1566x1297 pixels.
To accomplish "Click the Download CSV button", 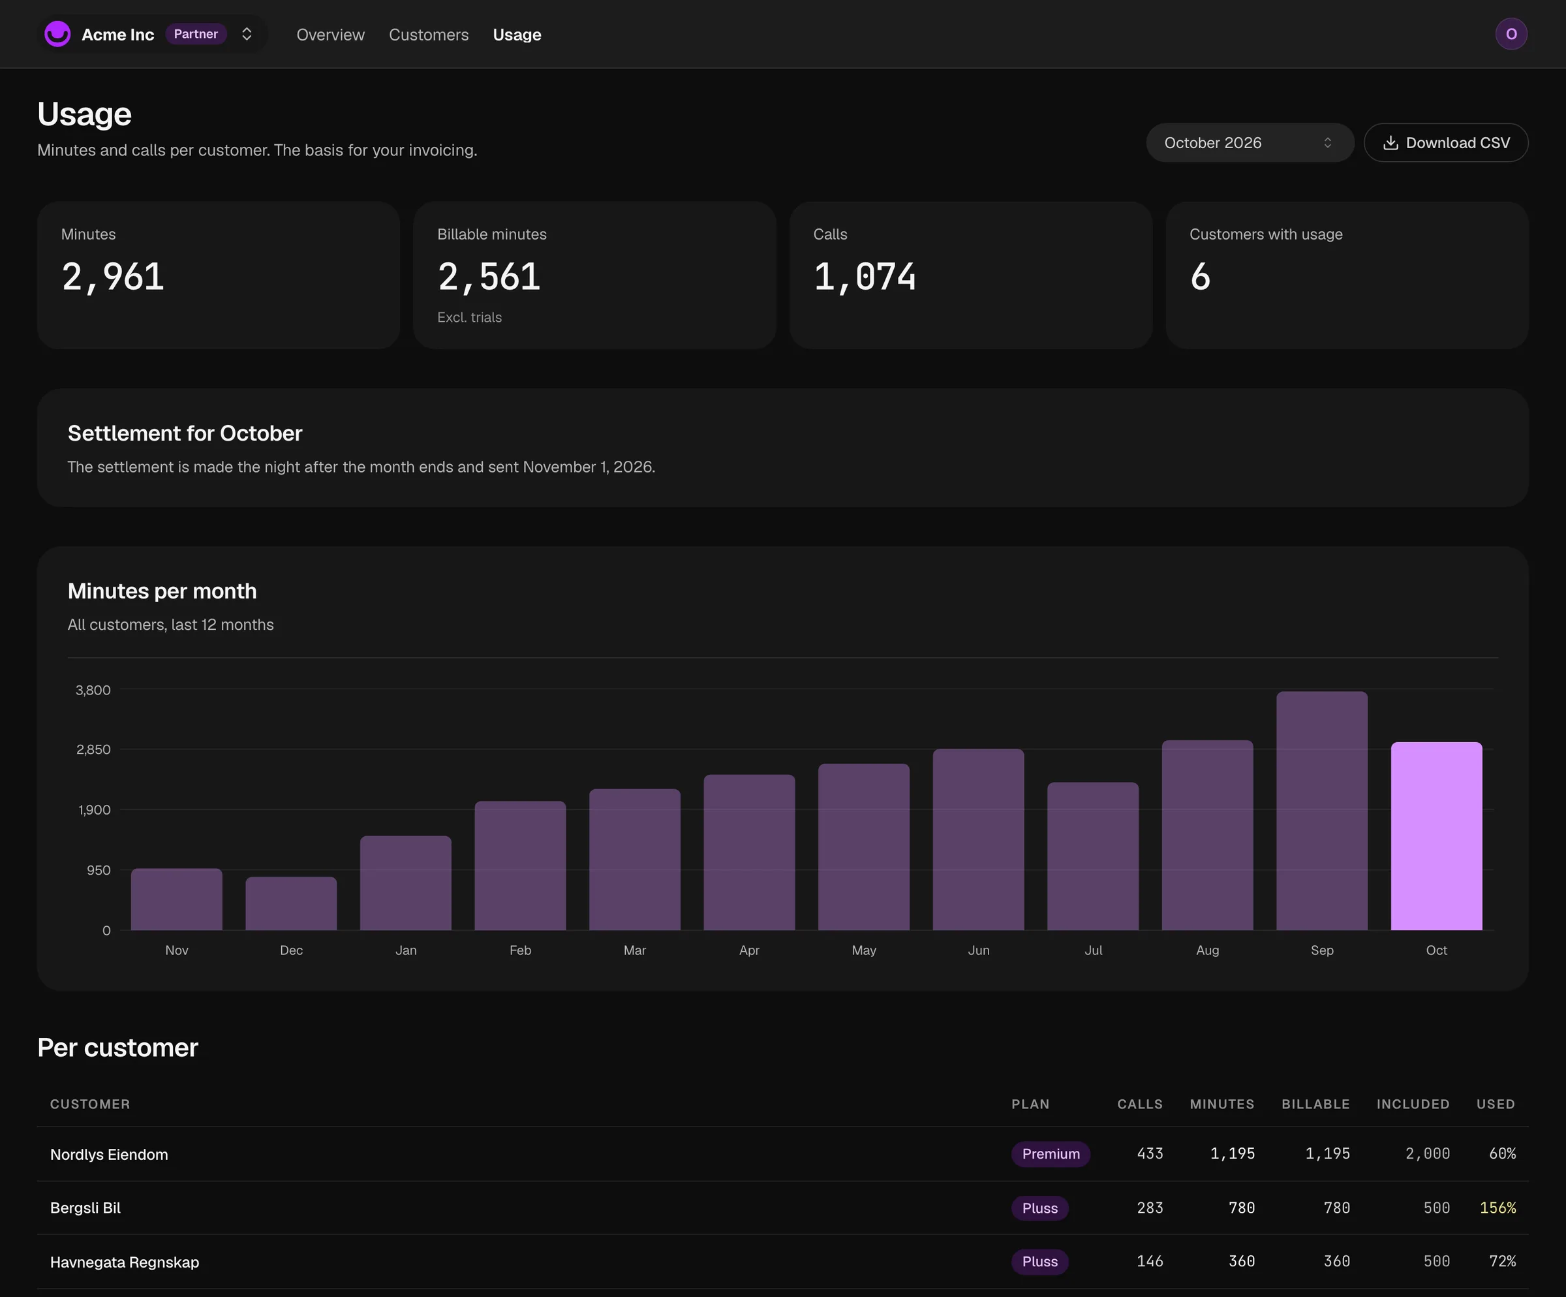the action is [1445, 142].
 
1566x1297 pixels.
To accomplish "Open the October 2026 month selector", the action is [1249, 142].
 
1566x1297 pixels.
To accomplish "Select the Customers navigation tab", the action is [429, 35].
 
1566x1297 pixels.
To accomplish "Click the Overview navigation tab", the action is [330, 35].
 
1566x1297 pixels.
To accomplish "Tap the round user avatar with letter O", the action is [1511, 33].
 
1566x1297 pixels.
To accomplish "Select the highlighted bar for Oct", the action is [1436, 836].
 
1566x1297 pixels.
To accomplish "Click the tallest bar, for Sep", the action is [1321, 811].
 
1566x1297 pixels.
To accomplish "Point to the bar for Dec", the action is [291, 903].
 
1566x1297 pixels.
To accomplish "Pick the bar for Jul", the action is [1092, 856].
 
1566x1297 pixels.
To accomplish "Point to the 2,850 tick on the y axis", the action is [93, 749].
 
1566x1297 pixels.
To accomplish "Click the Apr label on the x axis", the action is [748, 950].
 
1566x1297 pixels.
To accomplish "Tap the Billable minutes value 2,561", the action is [489, 277].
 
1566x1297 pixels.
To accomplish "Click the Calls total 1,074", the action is [865, 277].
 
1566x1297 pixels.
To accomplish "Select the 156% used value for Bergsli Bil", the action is [1497, 1208].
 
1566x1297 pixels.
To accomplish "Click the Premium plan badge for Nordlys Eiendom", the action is [1051, 1154].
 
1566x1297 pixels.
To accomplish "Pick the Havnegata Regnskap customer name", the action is [125, 1262].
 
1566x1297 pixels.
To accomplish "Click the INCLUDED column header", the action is [1413, 1104].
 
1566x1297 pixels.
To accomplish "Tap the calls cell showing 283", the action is [1150, 1208].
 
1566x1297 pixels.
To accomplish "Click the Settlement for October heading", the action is [185, 433].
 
